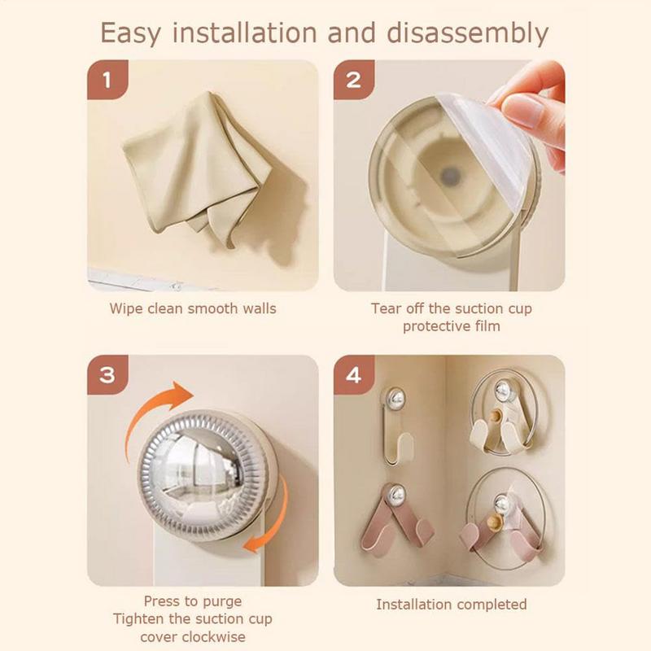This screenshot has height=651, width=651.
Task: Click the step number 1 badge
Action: point(107,80)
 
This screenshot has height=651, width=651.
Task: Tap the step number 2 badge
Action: point(354,80)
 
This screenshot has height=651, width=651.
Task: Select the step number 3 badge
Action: point(107,375)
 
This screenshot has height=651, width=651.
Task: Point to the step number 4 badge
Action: point(354,375)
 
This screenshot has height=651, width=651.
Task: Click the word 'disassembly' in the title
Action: point(467,33)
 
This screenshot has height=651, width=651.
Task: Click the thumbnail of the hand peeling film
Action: point(449,175)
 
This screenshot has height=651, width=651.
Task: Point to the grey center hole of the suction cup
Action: point(451,176)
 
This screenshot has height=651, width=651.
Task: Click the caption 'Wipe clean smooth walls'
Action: point(193,308)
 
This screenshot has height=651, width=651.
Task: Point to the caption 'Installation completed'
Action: point(452,604)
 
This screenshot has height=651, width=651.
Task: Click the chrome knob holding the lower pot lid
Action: point(502,504)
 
